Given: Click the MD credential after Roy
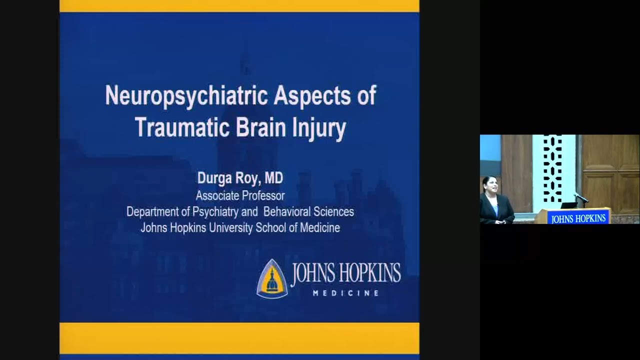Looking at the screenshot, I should [x=273, y=178].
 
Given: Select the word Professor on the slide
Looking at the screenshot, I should [x=263, y=195].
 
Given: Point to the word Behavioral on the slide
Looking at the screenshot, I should [x=290, y=211].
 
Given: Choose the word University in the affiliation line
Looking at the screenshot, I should [x=226, y=228].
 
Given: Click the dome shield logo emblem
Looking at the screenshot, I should [x=272, y=278].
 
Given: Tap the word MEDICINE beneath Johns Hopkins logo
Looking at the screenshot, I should [x=345, y=293].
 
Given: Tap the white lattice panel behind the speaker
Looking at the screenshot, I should [x=553, y=170].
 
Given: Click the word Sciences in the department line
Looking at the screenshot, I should [x=336, y=211].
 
